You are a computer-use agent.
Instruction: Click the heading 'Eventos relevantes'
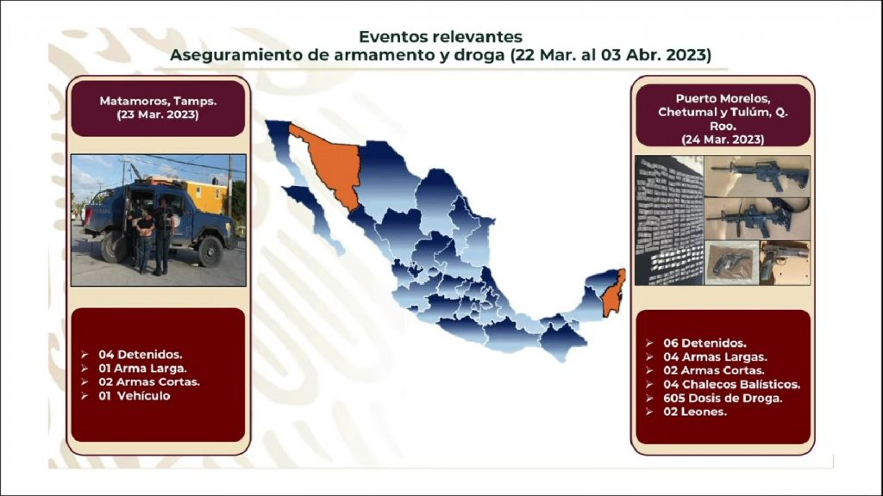441,36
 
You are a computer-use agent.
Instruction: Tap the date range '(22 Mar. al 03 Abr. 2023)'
611,55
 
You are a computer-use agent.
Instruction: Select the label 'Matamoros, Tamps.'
159,102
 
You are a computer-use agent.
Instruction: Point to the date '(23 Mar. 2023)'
159,115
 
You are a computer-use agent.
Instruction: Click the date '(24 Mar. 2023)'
723,139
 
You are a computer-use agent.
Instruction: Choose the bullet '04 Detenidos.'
141,355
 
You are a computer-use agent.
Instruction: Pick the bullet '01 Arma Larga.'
142,369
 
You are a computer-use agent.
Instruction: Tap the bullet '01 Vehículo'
134,396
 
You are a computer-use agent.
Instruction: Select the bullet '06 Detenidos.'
705,343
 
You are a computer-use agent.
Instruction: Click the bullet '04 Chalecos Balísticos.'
731,385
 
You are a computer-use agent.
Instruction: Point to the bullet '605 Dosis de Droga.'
723,398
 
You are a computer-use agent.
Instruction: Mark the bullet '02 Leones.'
695,412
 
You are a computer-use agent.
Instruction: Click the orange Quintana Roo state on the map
613,294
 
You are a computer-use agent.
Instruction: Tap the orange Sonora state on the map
332,163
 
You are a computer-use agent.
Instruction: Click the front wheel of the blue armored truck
210,251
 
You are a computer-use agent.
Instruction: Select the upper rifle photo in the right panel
757,176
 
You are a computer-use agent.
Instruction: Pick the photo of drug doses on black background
669,220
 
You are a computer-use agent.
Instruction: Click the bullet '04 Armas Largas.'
715,357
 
